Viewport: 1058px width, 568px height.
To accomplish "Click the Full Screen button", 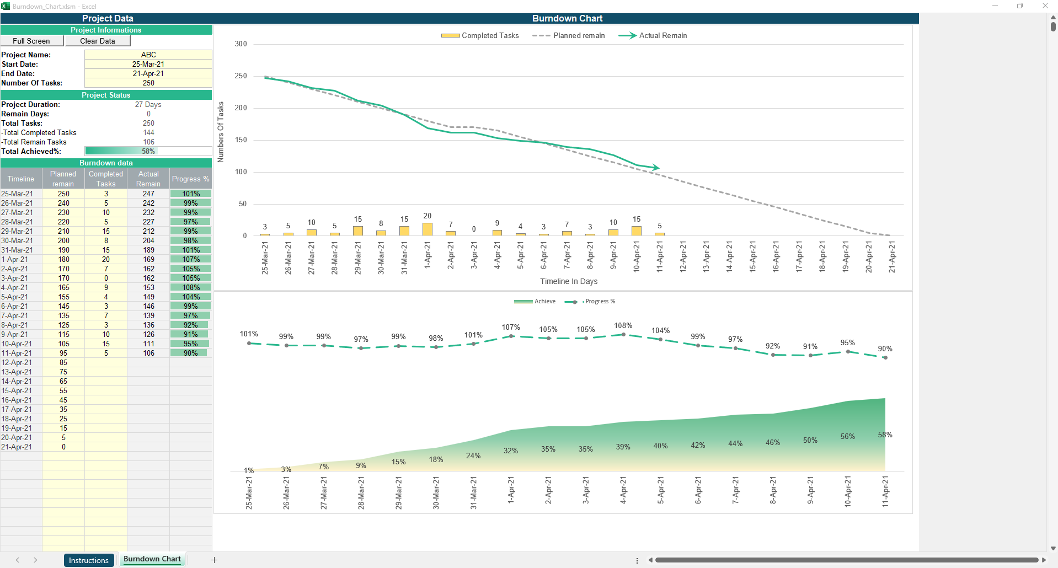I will [31, 41].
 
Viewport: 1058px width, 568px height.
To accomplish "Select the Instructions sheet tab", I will [89, 560].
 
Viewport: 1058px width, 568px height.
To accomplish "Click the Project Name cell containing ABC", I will [148, 55].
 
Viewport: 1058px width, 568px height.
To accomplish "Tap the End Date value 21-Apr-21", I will [148, 73].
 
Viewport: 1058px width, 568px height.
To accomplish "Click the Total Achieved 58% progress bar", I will [148, 151].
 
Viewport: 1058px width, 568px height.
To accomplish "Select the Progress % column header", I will [190, 179].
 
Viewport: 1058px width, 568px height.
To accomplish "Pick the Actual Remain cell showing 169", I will [148, 259].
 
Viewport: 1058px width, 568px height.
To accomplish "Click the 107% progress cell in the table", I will [191, 259].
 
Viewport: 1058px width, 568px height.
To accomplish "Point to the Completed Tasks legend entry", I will [480, 35].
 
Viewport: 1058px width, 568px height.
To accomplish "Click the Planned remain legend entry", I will [569, 35].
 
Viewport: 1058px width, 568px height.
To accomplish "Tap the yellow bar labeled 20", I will [428, 229].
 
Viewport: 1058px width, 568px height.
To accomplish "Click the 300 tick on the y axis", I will [241, 44].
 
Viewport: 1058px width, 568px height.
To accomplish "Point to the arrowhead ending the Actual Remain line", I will [655, 167].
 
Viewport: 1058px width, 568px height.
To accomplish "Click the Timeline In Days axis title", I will [569, 281].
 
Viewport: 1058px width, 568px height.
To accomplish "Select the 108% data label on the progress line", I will [623, 326].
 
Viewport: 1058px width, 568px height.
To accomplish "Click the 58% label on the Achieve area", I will [885, 435].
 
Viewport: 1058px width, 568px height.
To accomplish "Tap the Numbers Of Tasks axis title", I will [221, 132].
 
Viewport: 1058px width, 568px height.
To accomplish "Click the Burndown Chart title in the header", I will [567, 18].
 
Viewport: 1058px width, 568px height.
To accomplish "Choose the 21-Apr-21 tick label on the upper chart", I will [891, 257].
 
